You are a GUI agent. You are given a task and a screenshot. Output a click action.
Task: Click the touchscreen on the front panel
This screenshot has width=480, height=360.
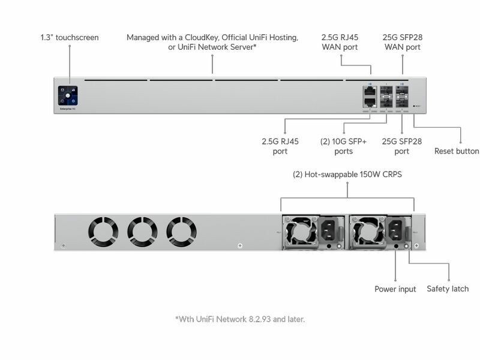[x=69, y=96]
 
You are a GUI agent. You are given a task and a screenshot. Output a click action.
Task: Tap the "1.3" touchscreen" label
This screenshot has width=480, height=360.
[x=70, y=37]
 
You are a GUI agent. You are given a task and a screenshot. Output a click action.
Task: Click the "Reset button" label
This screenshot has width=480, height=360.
[x=457, y=151]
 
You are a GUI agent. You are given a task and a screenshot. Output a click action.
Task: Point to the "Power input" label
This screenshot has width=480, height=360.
[x=395, y=289]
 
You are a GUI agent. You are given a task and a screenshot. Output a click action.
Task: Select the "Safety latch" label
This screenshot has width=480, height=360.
[x=448, y=289]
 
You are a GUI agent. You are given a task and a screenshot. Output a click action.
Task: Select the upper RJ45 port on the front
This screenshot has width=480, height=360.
[x=370, y=91]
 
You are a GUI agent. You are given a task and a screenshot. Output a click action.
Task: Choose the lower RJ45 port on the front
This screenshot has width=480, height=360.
[x=370, y=103]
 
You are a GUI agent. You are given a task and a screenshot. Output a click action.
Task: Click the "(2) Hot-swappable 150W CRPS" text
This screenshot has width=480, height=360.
[x=347, y=175]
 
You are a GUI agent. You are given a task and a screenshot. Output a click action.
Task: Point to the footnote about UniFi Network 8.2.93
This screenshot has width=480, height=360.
[x=240, y=319]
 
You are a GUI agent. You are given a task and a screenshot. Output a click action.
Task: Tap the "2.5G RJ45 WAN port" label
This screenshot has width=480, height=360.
[x=341, y=42]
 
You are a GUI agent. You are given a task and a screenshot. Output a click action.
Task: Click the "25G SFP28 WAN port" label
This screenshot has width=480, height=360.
[x=402, y=42]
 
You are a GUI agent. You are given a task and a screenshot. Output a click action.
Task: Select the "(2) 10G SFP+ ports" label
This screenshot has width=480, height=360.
[x=344, y=146]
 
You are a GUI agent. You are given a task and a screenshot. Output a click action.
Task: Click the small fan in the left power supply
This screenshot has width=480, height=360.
[x=298, y=230]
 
